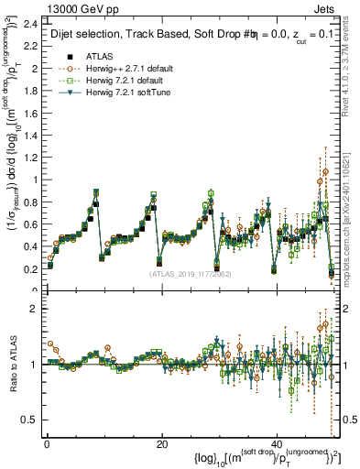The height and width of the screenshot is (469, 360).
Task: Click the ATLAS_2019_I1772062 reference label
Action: pyautogui.click(x=188, y=273)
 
